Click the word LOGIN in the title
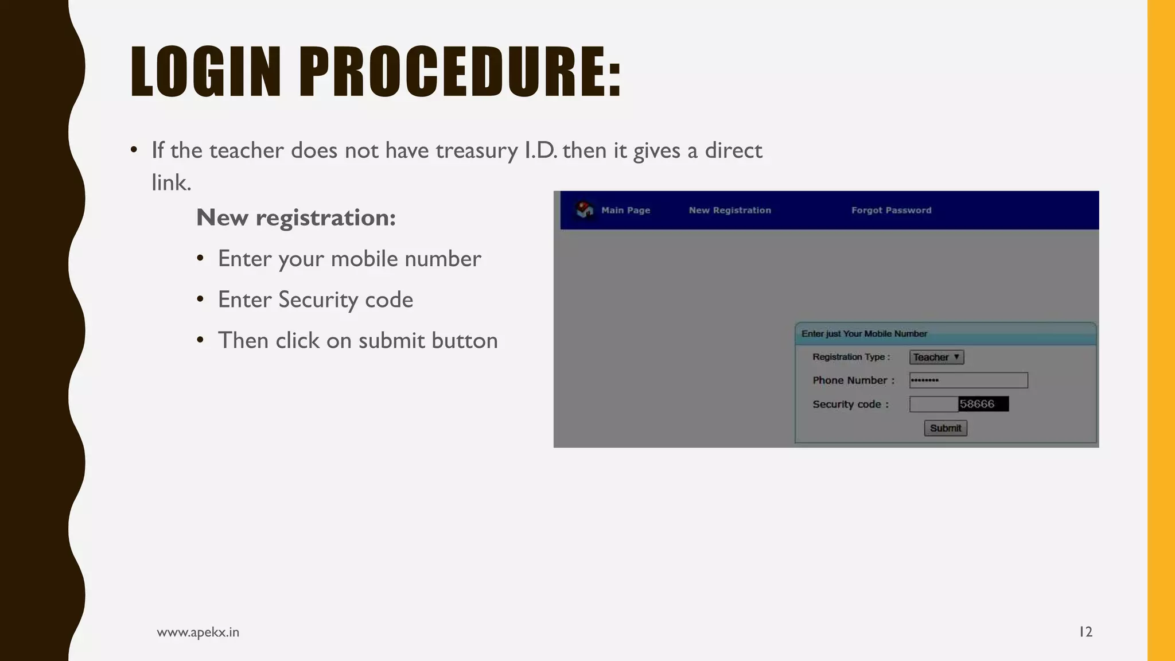point(205,72)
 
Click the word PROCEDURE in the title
point(459,72)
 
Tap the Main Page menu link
point(625,211)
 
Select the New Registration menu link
point(730,211)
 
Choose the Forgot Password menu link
point(891,211)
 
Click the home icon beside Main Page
point(585,210)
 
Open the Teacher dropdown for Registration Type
point(936,357)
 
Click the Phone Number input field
point(968,380)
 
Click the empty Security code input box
point(933,405)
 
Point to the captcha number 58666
point(982,405)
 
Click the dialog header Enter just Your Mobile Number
point(864,334)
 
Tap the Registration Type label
point(851,357)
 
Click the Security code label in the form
point(850,405)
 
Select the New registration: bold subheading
point(296,218)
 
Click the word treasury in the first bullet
point(477,151)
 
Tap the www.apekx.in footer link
point(198,632)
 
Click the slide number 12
point(1085,632)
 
